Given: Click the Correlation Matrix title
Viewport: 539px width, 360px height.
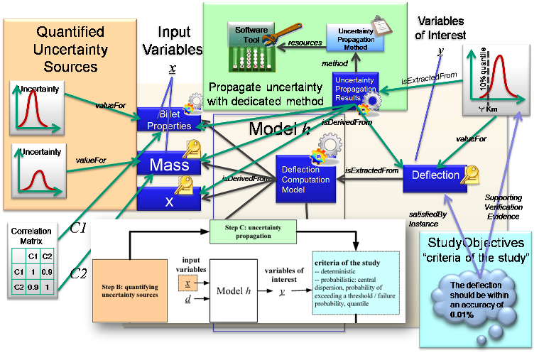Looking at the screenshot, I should tap(26, 236).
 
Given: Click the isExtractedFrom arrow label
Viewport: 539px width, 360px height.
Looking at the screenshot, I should tap(369, 171).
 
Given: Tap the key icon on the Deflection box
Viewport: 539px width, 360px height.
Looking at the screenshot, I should tap(469, 173).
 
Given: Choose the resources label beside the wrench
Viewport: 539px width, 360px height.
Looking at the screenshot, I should tap(305, 43).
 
